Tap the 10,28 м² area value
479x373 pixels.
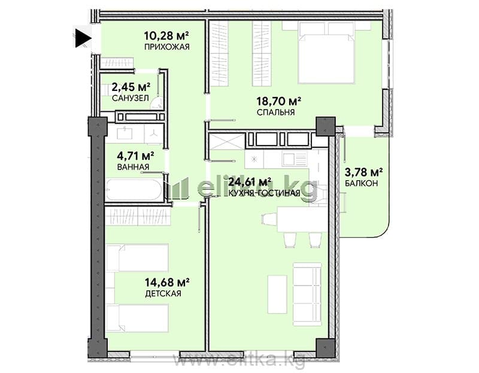(x=166, y=36)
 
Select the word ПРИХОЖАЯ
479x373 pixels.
(x=167, y=47)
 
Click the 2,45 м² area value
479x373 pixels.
(x=131, y=87)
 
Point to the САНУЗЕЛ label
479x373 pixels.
(x=131, y=98)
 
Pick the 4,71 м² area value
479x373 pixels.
(x=135, y=156)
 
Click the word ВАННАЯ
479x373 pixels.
(x=133, y=167)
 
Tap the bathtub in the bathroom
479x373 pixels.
(x=134, y=189)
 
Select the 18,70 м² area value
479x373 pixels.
(x=279, y=101)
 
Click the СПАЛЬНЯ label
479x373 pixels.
(x=276, y=112)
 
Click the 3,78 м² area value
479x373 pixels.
(x=364, y=172)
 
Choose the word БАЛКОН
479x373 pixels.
(x=362, y=183)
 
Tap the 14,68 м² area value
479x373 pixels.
(x=168, y=282)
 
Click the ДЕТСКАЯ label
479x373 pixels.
(x=163, y=293)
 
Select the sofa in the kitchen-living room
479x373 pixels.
(x=307, y=292)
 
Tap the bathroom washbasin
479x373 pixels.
(x=125, y=133)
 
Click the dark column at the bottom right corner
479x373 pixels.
(x=326, y=348)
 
